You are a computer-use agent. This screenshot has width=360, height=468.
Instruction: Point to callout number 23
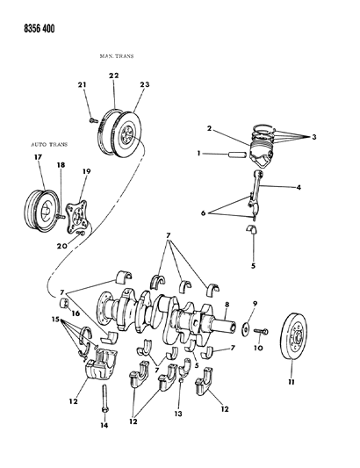144,85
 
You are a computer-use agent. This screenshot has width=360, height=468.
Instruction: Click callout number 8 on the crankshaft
227,303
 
